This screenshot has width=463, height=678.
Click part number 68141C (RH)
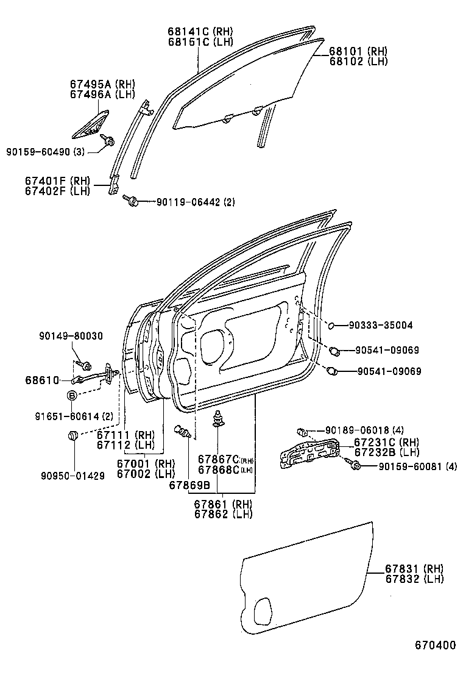pyautogui.click(x=200, y=31)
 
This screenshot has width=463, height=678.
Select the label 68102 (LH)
pyautogui.click(x=358, y=61)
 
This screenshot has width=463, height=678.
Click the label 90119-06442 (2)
pyautogui.click(x=195, y=202)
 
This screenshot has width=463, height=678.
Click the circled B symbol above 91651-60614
pyautogui.click(x=71, y=396)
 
